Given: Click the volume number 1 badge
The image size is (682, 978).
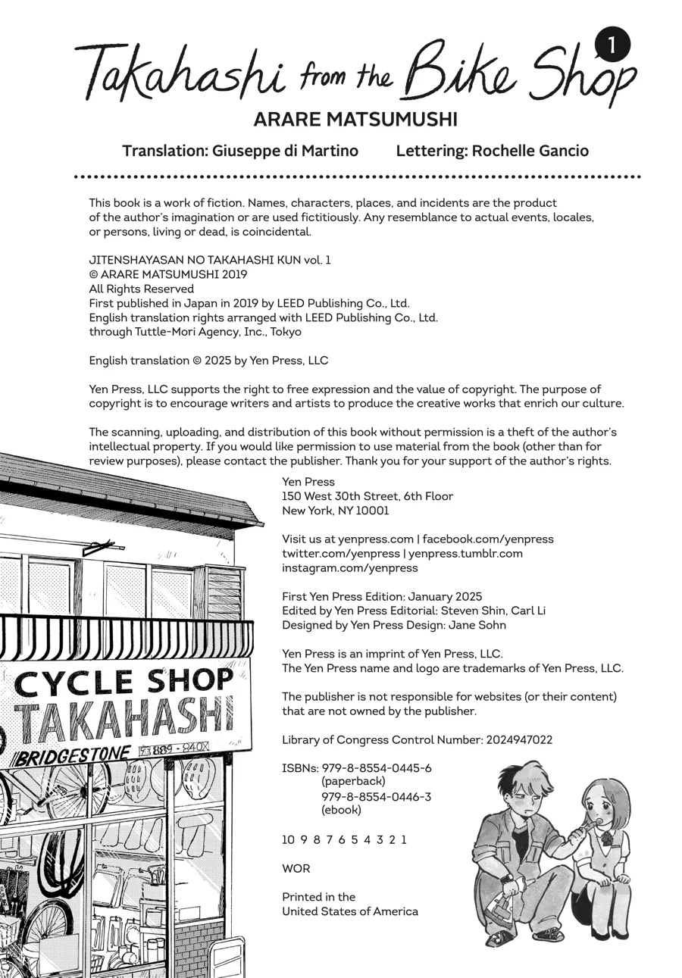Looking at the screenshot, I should click(612, 46).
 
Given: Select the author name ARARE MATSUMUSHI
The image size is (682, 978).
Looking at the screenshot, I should click(355, 120).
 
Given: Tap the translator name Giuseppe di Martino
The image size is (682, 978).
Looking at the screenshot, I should click(285, 151).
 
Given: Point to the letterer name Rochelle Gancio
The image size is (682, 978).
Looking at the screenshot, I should click(530, 151).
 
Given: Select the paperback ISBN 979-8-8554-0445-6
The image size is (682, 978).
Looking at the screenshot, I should click(377, 767).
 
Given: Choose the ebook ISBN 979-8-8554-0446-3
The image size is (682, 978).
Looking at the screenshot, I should click(377, 796).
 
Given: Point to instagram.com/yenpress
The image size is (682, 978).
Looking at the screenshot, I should click(349, 567).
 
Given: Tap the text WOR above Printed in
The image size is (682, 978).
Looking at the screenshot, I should click(296, 868).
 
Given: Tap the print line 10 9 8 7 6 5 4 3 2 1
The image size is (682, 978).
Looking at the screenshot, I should click(344, 839).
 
